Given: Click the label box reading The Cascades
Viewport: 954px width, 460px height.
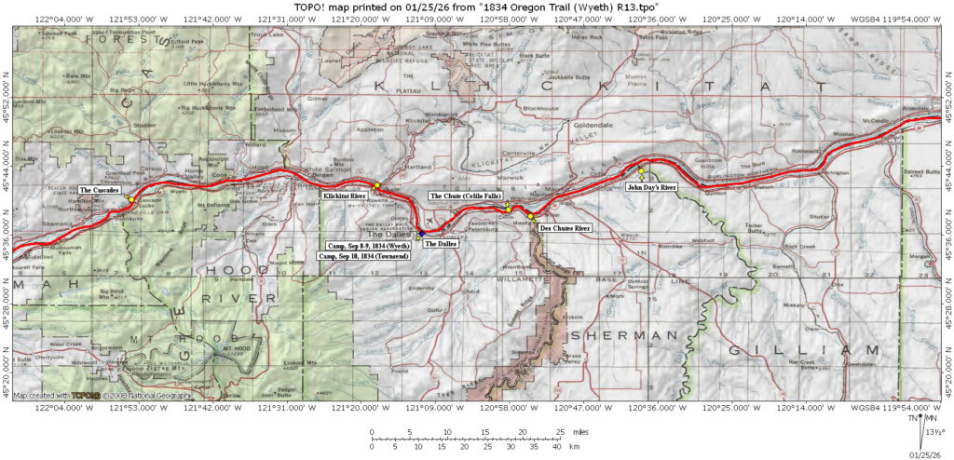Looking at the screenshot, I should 100,190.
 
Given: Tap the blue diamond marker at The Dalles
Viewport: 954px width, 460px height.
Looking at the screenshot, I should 421,233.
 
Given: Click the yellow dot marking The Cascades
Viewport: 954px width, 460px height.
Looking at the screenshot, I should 132,200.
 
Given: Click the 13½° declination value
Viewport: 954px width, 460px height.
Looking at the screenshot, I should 935,431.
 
